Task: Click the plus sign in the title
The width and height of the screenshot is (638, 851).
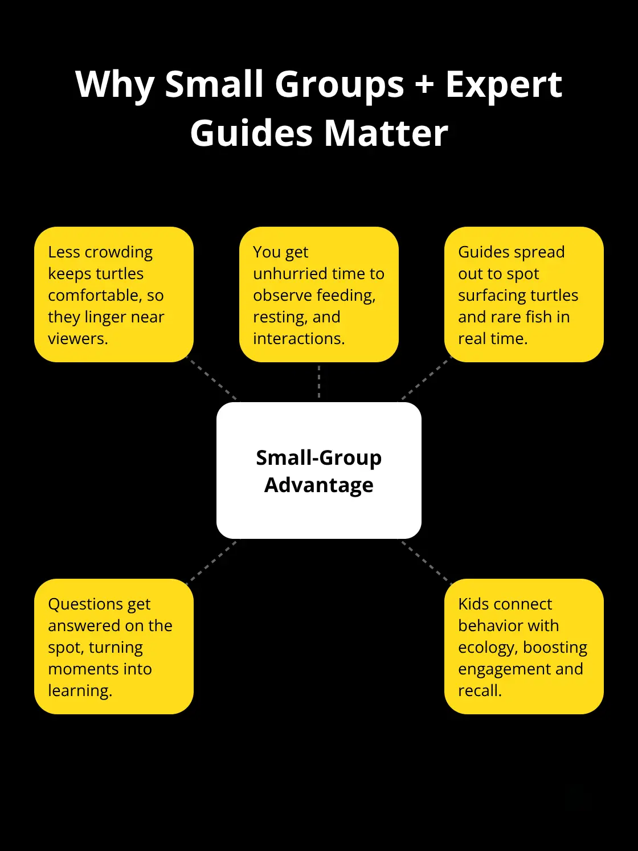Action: [x=424, y=85]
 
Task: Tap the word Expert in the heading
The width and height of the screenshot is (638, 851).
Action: [x=504, y=85]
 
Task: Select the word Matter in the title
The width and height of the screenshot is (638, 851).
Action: [x=386, y=133]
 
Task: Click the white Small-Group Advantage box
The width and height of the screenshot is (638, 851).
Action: [x=319, y=470]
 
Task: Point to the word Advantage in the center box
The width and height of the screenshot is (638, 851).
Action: [x=319, y=485]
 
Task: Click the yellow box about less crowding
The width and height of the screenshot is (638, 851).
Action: [x=114, y=294]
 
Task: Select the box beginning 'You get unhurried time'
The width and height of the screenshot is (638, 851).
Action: [x=319, y=294]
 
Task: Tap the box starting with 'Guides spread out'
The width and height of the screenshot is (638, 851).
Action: [x=524, y=294]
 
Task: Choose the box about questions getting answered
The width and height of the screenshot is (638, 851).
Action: [x=114, y=647]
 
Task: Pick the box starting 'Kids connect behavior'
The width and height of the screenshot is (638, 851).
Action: [x=524, y=647]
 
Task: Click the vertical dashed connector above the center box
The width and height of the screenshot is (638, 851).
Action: [x=319, y=382]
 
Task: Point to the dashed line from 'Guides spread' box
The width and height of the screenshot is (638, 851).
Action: [x=426, y=378]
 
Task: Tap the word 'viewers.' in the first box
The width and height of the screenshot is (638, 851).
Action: [x=78, y=338]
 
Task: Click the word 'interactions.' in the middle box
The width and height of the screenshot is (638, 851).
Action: [x=299, y=338]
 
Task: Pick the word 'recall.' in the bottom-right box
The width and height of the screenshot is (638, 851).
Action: [x=480, y=690]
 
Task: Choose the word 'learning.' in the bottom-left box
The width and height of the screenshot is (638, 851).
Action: [x=80, y=691]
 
